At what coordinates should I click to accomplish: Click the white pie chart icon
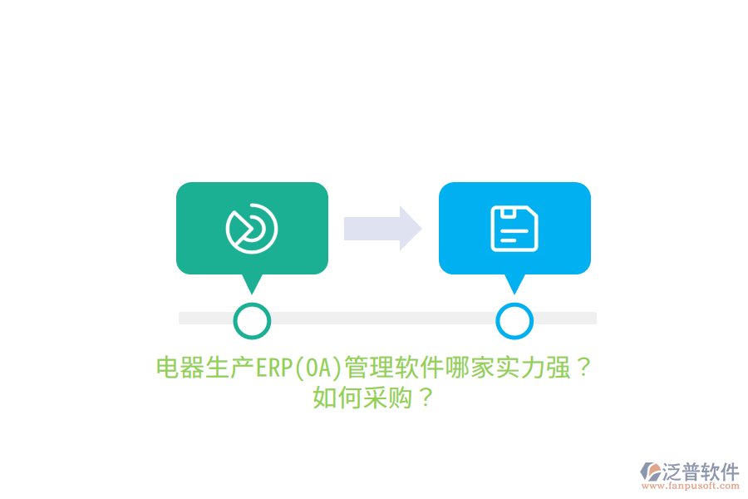point(252,228)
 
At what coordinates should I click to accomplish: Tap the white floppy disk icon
point(514,228)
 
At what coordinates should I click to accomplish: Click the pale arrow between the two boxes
point(382,228)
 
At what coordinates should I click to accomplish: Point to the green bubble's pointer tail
point(252,284)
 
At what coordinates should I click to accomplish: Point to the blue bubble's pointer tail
point(514,284)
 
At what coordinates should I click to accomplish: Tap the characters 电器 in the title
point(181,368)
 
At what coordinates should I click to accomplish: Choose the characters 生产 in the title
point(230,368)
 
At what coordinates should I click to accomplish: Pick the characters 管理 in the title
point(369,368)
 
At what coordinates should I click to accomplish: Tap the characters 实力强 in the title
point(533,368)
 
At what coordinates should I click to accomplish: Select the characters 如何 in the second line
point(337,398)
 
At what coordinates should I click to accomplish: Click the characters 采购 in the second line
point(387,398)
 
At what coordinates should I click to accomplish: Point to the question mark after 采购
point(425,398)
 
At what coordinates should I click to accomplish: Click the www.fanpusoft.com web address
point(691,486)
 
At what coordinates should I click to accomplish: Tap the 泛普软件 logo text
point(701,472)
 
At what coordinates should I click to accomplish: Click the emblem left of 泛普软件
point(651,472)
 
